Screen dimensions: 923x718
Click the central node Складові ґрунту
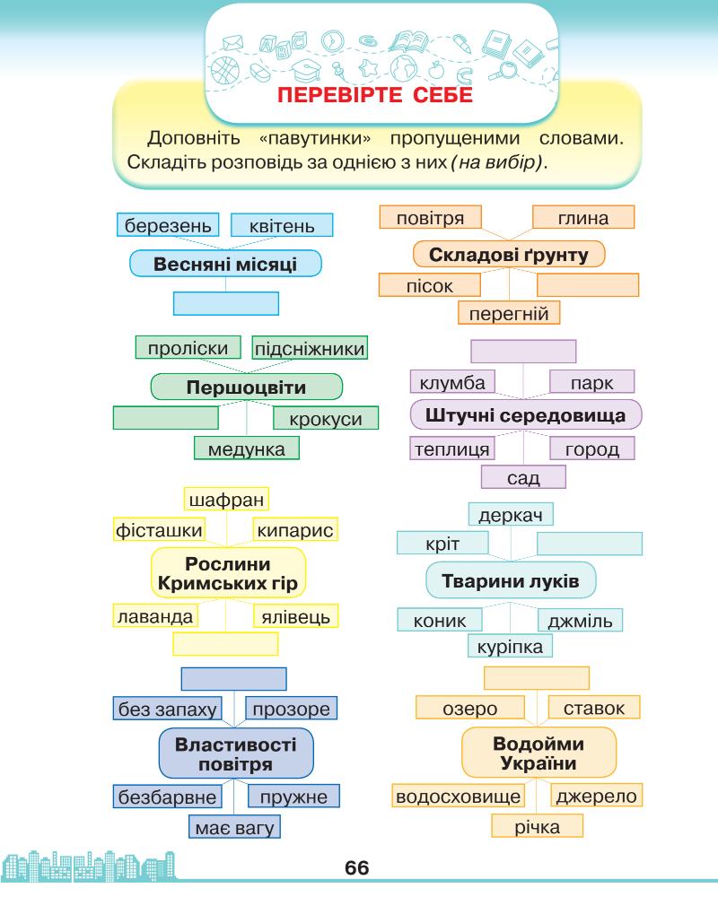tap(509, 256)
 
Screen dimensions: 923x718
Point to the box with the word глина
tap(583, 218)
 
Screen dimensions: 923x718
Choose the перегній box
tap(509, 311)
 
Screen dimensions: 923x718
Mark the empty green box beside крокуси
tap(166, 418)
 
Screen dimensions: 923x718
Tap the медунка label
tap(247, 448)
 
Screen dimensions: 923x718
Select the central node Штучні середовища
tap(525, 415)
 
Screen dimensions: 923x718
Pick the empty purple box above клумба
tap(523, 351)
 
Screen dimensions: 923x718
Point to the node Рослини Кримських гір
tap(228, 574)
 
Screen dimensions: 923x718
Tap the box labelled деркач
tap(511, 515)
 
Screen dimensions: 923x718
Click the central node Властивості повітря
tap(236, 753)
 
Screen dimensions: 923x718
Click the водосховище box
tap(459, 796)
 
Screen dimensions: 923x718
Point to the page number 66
tap(357, 868)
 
